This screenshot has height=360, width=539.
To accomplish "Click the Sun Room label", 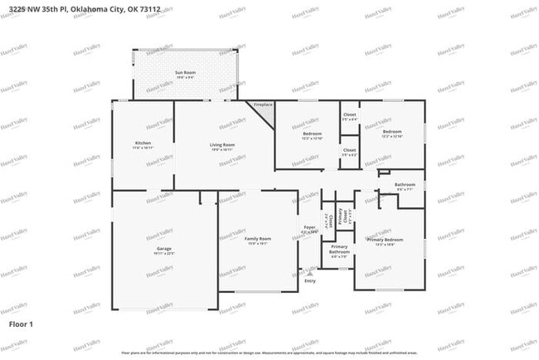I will [185, 74].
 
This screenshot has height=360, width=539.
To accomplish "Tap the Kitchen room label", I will [143, 144].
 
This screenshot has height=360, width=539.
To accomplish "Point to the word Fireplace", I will [263, 105].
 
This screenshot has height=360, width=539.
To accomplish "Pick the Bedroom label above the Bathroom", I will [392, 132].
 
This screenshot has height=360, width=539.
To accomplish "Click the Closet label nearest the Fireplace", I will [349, 115].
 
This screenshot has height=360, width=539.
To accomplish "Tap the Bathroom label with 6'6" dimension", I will [405, 185].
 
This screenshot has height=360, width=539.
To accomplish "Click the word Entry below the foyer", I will [310, 281].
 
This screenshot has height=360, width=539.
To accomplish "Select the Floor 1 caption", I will [21, 323].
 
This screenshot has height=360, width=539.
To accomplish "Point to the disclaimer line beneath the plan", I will [269, 353].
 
